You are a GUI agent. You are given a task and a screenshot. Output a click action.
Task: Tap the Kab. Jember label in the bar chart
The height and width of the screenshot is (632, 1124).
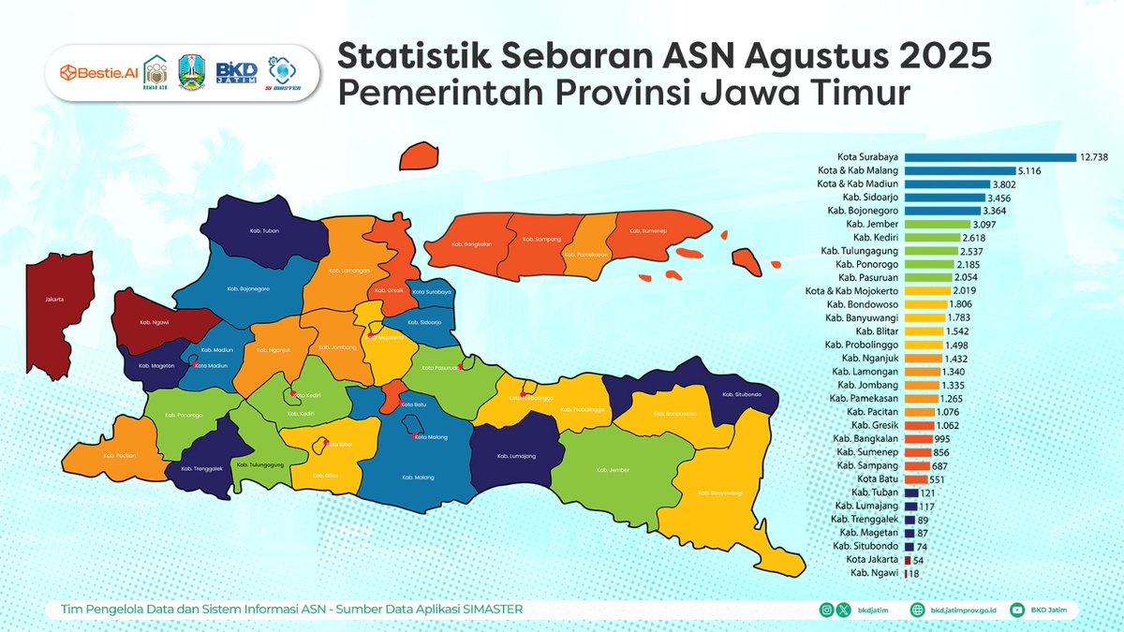pos(873,225)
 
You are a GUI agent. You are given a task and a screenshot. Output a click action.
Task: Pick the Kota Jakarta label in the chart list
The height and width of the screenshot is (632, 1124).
pos(874,559)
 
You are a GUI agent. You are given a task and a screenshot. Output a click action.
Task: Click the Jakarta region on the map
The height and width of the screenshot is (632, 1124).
pos(56,300)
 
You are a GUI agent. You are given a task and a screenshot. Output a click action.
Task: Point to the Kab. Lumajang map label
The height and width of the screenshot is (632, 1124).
pos(516,456)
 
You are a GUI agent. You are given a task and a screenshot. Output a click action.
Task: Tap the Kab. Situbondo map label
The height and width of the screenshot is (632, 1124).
pos(739,394)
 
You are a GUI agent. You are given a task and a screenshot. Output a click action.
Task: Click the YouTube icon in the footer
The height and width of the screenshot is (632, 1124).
pos(1017,610)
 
